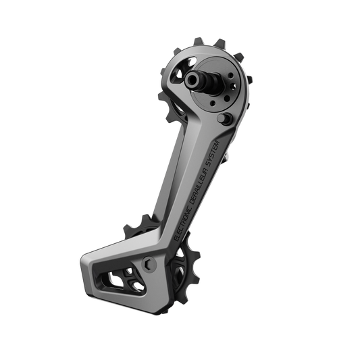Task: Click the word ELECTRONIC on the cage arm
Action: point(183,222)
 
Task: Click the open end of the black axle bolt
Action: point(191,80)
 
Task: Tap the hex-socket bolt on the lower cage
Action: point(149,263)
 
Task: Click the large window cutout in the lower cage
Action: point(122,281)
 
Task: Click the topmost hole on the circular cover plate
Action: point(231,76)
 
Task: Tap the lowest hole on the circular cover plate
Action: point(213,103)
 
